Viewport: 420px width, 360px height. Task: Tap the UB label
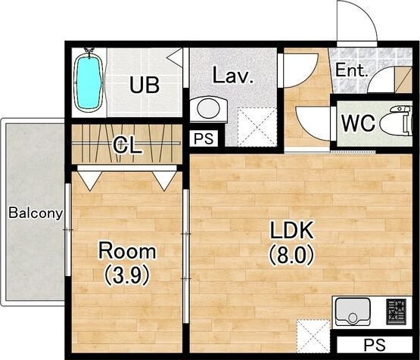tap(145, 85)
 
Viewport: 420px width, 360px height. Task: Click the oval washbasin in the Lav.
tap(209, 109)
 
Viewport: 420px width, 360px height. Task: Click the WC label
tap(358, 123)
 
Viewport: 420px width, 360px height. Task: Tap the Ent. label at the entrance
tap(351, 70)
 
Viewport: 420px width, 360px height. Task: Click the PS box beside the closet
tap(204, 138)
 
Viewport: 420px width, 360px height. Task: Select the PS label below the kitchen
tap(375, 345)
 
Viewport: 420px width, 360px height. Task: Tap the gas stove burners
tap(396, 312)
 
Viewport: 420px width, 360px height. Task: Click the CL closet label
tap(126, 146)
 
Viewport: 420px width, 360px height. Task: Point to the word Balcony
tap(36, 213)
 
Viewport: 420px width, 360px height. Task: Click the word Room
tap(127, 251)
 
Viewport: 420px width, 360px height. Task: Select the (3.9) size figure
tap(126, 276)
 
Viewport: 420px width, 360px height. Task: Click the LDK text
tap(291, 231)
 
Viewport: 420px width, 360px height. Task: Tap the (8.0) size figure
tap(291, 256)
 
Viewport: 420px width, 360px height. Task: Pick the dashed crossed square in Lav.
tap(257, 127)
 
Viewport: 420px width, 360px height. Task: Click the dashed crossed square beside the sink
tap(313, 336)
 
